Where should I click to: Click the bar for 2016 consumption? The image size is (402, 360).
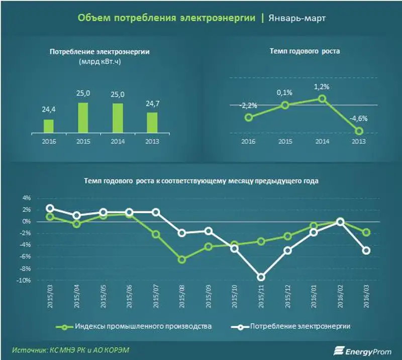tap(49, 125)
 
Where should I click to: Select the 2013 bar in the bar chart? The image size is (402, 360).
tap(152, 122)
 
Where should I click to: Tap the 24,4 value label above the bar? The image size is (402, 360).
tap(49, 109)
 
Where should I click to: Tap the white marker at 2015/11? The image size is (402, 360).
tap(261, 277)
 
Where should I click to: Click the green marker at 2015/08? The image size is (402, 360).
tap(181, 260)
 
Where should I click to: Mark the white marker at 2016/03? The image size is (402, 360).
tap(367, 251)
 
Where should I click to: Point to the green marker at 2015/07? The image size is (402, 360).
tap(155, 234)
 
